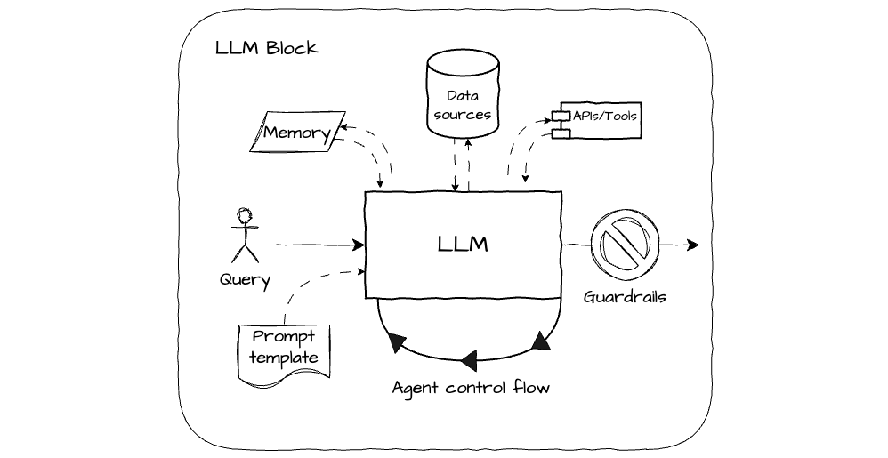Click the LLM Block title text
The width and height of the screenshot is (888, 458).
click(x=266, y=48)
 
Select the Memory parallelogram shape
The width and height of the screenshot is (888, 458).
click(x=296, y=134)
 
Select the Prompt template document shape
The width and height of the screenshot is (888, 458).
click(x=284, y=353)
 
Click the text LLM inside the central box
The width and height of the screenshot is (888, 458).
click(x=462, y=244)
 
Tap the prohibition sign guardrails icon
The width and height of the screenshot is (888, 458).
click(x=625, y=244)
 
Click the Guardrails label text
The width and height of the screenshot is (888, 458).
click(x=625, y=297)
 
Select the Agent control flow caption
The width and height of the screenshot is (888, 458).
click(x=471, y=388)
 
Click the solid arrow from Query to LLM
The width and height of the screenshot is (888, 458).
click(x=320, y=244)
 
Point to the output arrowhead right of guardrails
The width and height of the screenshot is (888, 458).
click(x=693, y=245)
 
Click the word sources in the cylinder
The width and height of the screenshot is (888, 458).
click(x=461, y=115)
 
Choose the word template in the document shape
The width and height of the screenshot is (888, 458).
click(x=283, y=358)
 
